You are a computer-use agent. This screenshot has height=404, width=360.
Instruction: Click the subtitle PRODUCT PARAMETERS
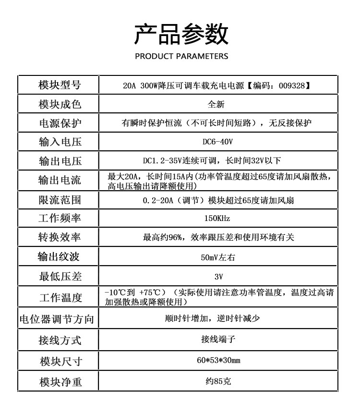tap(181, 56)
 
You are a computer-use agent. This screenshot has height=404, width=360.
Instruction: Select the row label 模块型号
tap(60, 85)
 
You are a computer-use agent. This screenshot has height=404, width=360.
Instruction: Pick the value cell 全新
tap(216, 104)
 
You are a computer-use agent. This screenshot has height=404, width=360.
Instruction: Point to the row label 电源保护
tap(60, 123)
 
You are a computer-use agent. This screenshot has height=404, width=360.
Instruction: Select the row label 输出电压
tap(60, 160)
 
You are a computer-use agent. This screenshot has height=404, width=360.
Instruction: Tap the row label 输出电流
tap(60, 180)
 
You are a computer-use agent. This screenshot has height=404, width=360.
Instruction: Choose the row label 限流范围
tap(60, 199)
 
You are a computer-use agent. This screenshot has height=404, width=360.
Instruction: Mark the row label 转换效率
tap(60, 237)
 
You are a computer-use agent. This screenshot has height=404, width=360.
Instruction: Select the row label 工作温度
tap(60, 297)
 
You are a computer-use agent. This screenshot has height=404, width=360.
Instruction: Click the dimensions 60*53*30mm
tap(218, 360)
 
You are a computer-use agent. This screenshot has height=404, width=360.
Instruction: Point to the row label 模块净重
tap(60, 382)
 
